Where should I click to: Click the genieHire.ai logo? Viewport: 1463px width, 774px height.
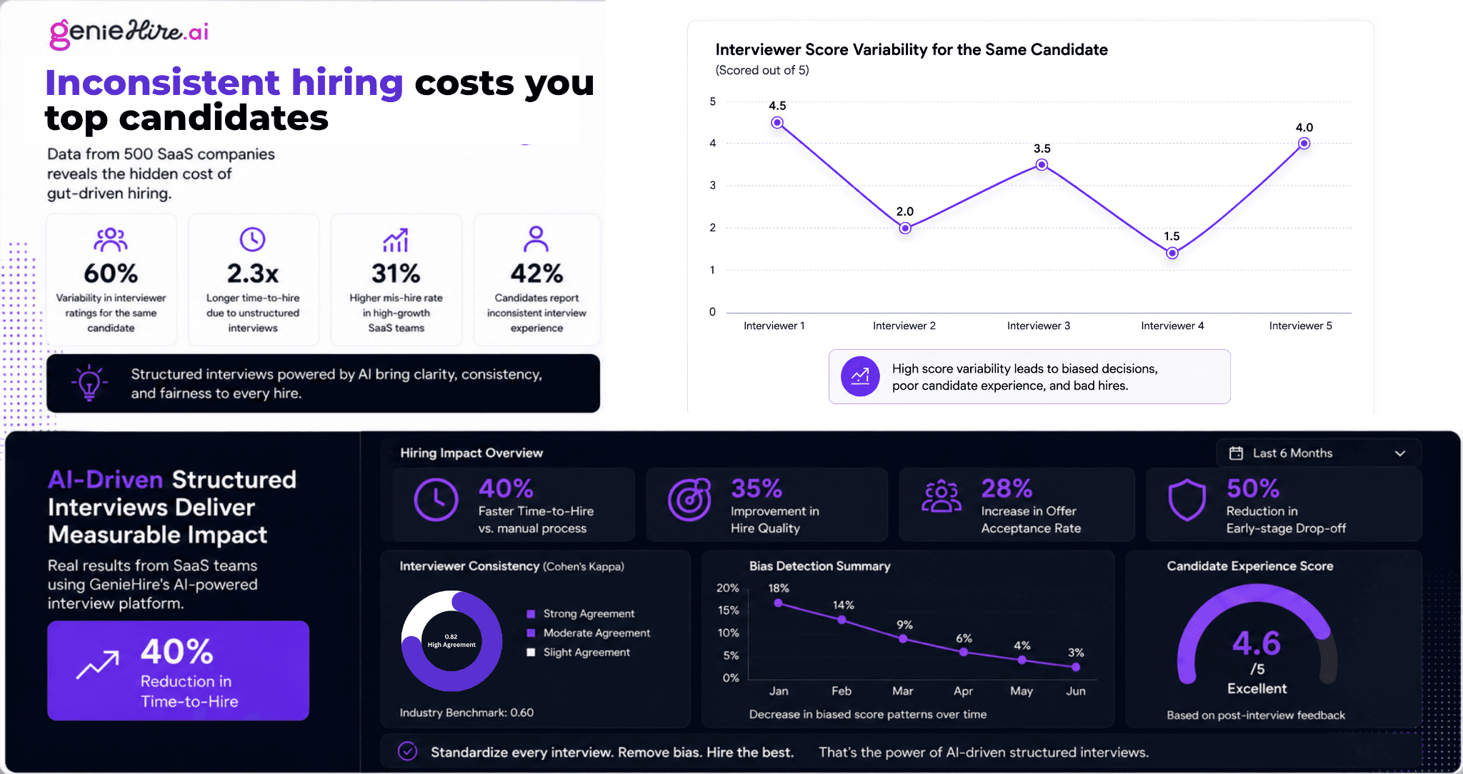pos(129,33)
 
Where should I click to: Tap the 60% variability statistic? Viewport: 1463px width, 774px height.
pos(111,273)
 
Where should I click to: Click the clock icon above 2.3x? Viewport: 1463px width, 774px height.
pos(252,239)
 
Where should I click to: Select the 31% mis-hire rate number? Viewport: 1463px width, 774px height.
pos(396,273)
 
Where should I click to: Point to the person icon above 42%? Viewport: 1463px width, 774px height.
pos(536,239)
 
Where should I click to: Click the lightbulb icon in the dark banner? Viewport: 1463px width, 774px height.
pos(89,383)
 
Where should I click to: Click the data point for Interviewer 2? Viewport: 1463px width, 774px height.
pos(905,228)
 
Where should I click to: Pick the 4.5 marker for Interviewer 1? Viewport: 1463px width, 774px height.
pos(777,123)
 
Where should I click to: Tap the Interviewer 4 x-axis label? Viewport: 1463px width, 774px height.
pos(1172,326)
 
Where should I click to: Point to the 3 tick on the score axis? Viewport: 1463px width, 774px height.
pos(712,185)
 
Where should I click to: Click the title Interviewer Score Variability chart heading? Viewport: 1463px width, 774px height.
pos(912,49)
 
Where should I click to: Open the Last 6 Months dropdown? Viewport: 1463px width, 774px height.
pos(1318,453)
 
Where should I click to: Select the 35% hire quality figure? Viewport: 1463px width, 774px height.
pos(757,489)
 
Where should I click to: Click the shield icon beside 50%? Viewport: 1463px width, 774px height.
pos(1187,500)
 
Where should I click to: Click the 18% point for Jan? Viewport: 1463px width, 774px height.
pos(779,603)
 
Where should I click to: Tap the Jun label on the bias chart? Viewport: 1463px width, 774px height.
pos(1076,691)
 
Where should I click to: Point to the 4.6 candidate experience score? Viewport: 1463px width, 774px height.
pos(1257,643)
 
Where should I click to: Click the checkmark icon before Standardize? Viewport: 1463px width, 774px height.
pos(407,751)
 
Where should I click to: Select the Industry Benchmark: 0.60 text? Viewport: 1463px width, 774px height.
pos(466,713)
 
